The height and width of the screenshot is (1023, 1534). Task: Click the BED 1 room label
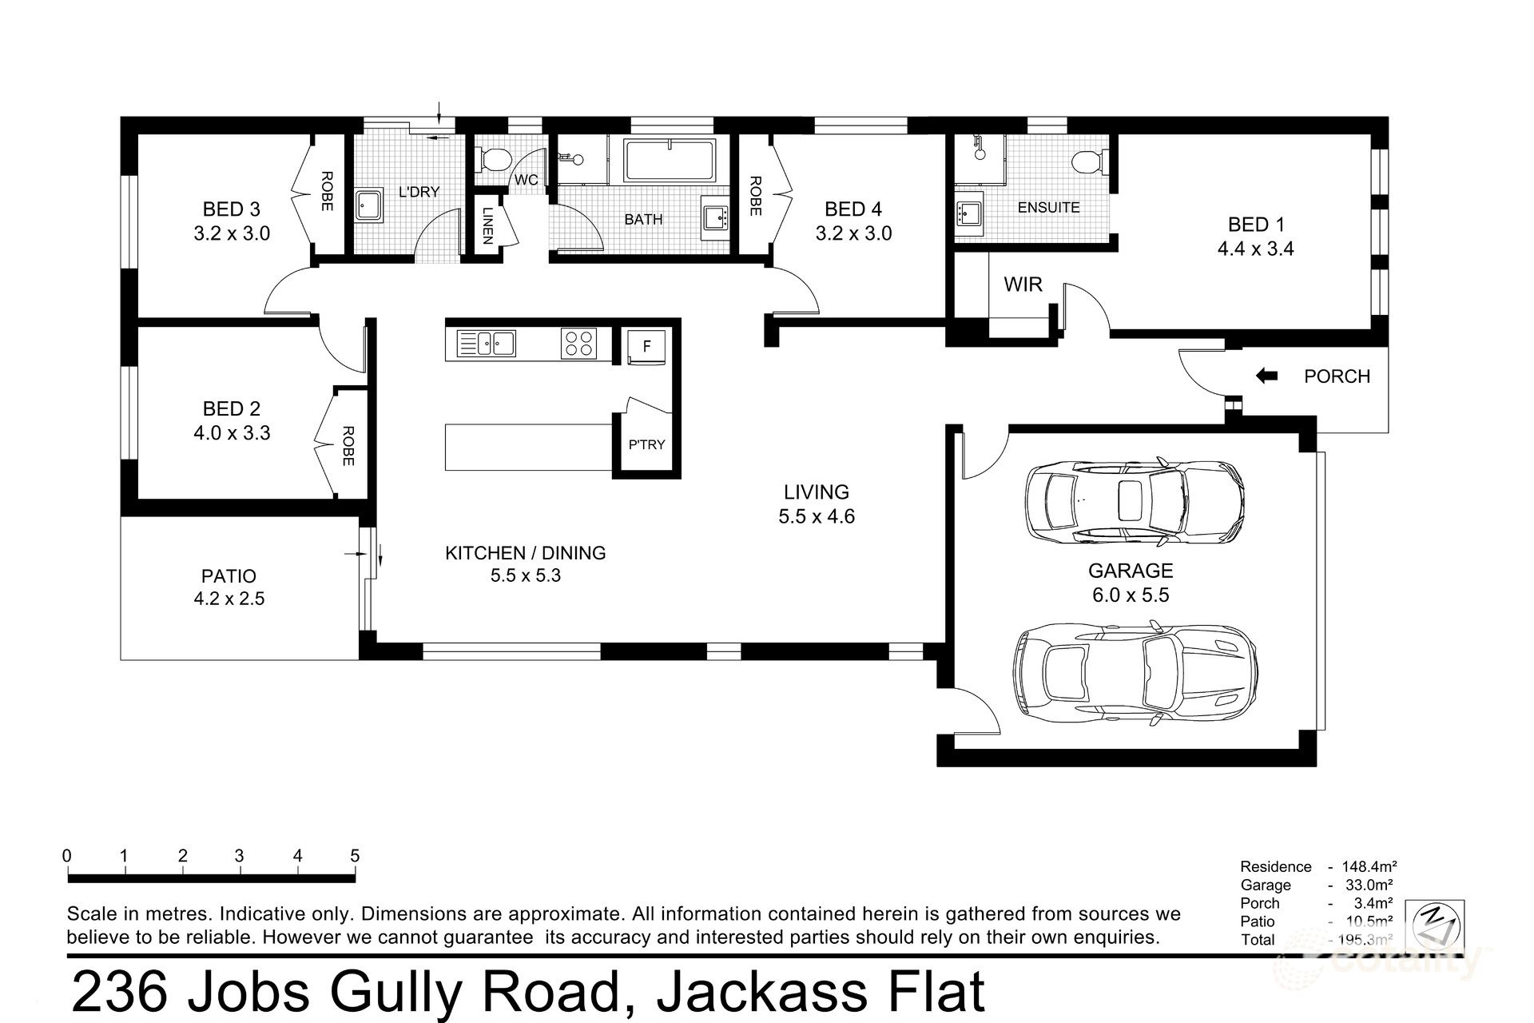point(1255,225)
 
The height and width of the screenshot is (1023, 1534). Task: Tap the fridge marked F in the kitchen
point(646,347)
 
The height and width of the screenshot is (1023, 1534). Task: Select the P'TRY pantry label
point(646,444)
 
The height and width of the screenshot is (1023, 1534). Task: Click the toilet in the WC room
point(492,160)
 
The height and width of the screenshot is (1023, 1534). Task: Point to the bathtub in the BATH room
point(670,161)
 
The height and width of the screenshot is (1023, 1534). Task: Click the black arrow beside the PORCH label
point(1266,376)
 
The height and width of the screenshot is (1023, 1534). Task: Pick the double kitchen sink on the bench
point(486,344)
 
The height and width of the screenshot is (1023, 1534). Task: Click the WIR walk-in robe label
point(1023,285)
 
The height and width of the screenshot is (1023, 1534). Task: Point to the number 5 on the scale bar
point(355,856)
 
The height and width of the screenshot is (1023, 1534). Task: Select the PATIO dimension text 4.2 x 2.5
point(229,599)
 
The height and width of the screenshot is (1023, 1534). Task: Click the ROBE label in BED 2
point(348,446)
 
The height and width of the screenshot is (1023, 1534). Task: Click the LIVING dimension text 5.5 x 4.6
point(817,516)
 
